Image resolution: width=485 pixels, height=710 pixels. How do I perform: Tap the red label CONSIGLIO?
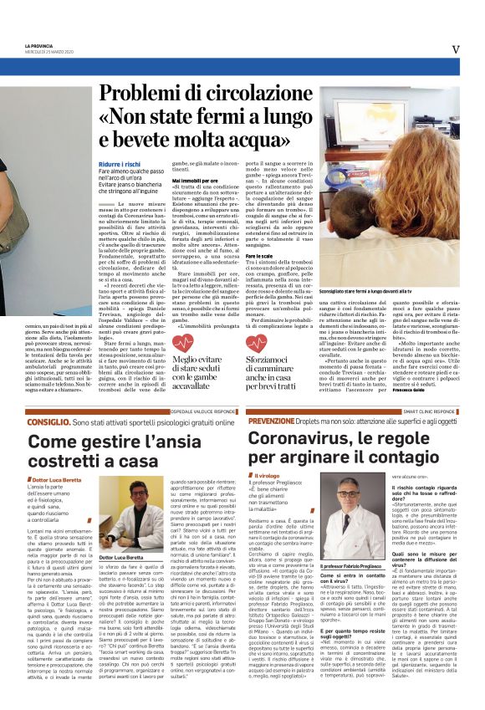(x=71, y=423)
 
